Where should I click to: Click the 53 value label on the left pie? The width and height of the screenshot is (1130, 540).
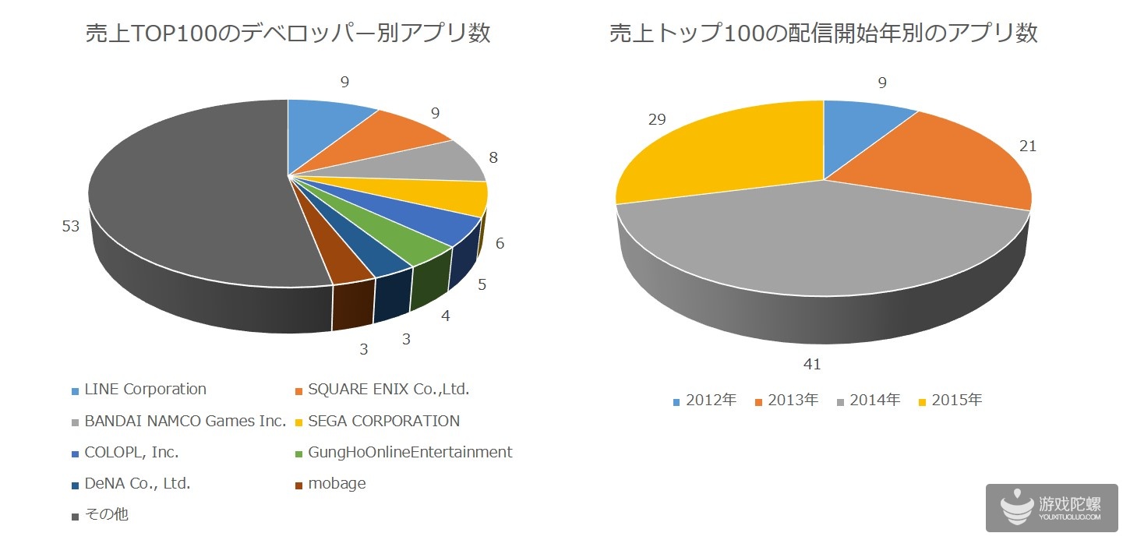pyautogui.click(x=72, y=227)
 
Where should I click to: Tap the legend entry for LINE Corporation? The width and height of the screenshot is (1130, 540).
pyautogui.click(x=139, y=390)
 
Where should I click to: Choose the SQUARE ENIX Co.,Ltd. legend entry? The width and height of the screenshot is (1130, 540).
pyautogui.click(x=383, y=390)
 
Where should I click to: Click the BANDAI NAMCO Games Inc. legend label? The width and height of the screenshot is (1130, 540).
pyautogui.click(x=178, y=422)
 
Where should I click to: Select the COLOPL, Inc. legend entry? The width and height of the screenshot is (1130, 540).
pyautogui.click(x=125, y=453)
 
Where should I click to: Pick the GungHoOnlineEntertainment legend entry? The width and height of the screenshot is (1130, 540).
pyautogui.click(x=403, y=453)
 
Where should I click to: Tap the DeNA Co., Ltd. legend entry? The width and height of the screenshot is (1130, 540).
pyautogui.click(x=131, y=484)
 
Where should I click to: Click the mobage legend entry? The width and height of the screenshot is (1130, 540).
pyautogui.click(x=330, y=484)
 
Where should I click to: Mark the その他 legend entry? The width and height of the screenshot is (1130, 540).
pyautogui.click(x=101, y=515)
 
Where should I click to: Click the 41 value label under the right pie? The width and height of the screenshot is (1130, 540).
pyautogui.click(x=813, y=364)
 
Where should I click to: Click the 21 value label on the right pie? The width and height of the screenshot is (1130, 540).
pyautogui.click(x=1028, y=146)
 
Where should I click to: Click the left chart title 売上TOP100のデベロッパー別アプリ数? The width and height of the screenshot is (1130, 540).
pyautogui.click(x=288, y=34)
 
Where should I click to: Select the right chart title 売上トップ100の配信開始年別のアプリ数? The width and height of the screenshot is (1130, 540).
pyautogui.click(x=823, y=34)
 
